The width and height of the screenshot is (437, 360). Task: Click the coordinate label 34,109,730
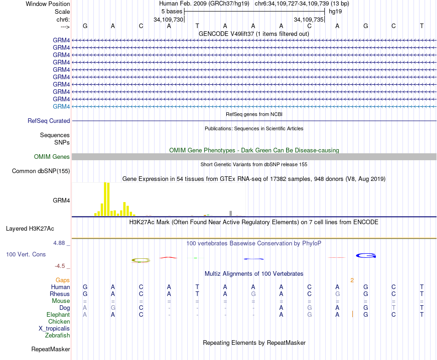coord(168,19)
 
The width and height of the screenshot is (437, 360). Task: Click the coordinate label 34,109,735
coord(309,19)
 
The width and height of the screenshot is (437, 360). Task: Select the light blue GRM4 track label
coord(61,107)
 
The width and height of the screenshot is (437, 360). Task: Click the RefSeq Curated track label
coord(49,121)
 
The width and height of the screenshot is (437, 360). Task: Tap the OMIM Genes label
coord(52,157)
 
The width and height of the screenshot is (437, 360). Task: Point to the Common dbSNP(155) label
coord(41,171)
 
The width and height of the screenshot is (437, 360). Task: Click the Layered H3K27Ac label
coord(30,228)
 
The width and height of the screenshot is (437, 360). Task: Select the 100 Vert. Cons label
coord(26,254)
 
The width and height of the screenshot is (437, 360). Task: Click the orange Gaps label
coord(63,280)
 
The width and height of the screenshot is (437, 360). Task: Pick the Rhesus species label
coord(60,294)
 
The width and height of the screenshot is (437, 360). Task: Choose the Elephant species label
coord(58,314)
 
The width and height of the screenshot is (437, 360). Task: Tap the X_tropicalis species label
coord(54,328)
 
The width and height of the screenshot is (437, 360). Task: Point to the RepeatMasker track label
coord(50,349)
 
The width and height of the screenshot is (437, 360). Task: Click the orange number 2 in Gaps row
coord(352,280)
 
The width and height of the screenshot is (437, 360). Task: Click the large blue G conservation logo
coord(366,255)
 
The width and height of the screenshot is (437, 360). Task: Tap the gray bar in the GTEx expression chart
coord(230,213)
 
